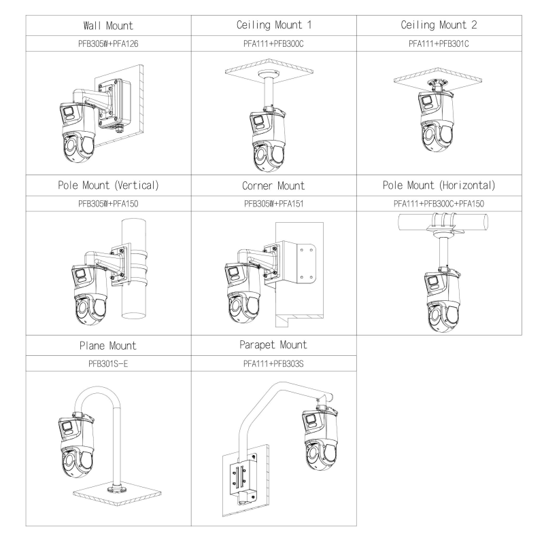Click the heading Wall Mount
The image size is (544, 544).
coord(109,26)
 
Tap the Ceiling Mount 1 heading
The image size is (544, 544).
coord(274,26)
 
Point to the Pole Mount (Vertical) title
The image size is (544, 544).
coord(109,185)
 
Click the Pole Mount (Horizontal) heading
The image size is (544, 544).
coord(439,185)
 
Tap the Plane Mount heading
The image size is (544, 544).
coord(109,344)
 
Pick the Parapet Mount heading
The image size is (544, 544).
coord(274,344)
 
